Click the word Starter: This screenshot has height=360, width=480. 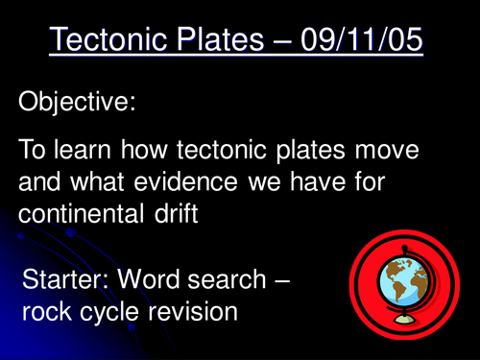65,284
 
